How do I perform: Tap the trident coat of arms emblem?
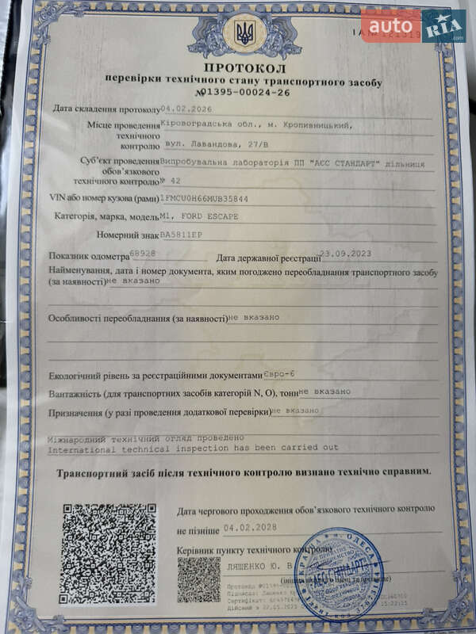(244, 33)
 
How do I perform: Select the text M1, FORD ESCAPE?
(199, 216)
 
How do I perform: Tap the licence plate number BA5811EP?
(182, 235)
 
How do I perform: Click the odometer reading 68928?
(142, 254)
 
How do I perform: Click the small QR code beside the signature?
(198, 579)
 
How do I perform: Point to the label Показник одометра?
(87, 257)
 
